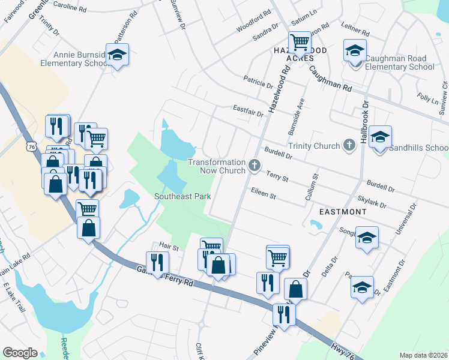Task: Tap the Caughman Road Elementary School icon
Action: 355,51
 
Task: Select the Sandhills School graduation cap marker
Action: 380,137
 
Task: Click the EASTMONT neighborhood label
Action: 342,212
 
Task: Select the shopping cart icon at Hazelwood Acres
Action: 300,42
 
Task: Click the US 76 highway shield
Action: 31,146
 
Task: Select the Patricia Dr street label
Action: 258,80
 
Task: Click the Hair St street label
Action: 170,247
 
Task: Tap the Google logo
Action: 20,353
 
